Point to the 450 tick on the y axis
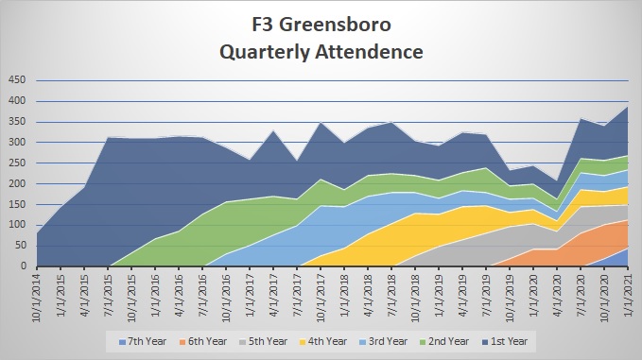[18, 80]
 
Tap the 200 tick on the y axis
[18, 183]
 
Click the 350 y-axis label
[18, 122]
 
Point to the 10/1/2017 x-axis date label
[319, 294]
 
